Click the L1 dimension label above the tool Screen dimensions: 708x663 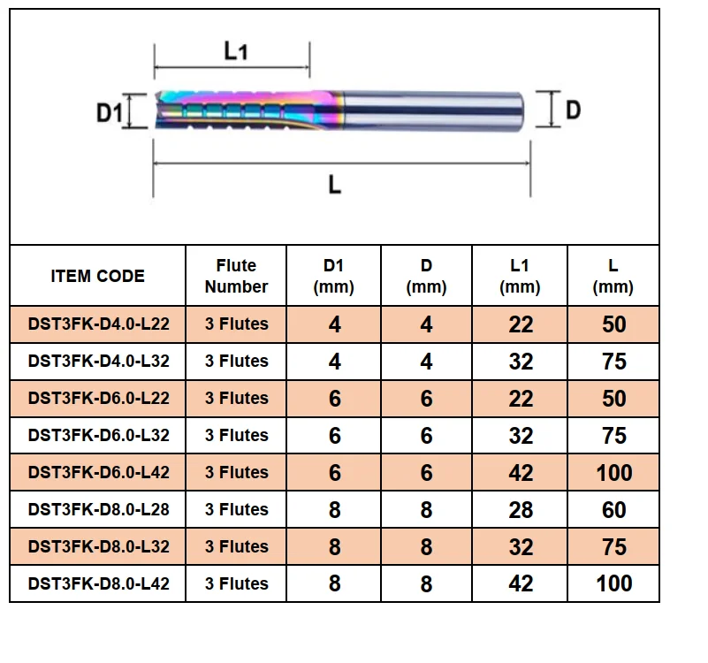click(x=236, y=50)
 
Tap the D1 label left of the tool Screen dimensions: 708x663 click(x=110, y=112)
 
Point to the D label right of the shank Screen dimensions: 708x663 click(x=573, y=110)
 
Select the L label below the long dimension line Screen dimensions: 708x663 click(x=335, y=185)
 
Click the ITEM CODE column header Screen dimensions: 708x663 click(x=97, y=276)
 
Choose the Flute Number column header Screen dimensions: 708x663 click(x=236, y=276)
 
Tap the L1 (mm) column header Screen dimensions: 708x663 click(x=520, y=276)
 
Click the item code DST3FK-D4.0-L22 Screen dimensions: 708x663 click(x=98, y=324)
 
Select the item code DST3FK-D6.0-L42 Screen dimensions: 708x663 click(x=98, y=472)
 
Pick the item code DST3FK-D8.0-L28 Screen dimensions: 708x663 click(x=98, y=509)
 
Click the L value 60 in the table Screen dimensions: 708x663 click(x=613, y=510)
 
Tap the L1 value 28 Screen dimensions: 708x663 click(x=521, y=510)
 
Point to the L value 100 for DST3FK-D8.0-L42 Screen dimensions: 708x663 click(x=614, y=583)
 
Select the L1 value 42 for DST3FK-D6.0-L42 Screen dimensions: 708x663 click(x=521, y=473)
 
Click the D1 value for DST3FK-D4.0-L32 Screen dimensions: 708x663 click(x=335, y=362)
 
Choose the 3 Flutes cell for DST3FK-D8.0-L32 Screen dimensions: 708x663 click(x=237, y=546)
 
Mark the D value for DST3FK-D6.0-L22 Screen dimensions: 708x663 click(x=426, y=399)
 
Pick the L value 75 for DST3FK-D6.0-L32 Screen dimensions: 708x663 click(x=614, y=436)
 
